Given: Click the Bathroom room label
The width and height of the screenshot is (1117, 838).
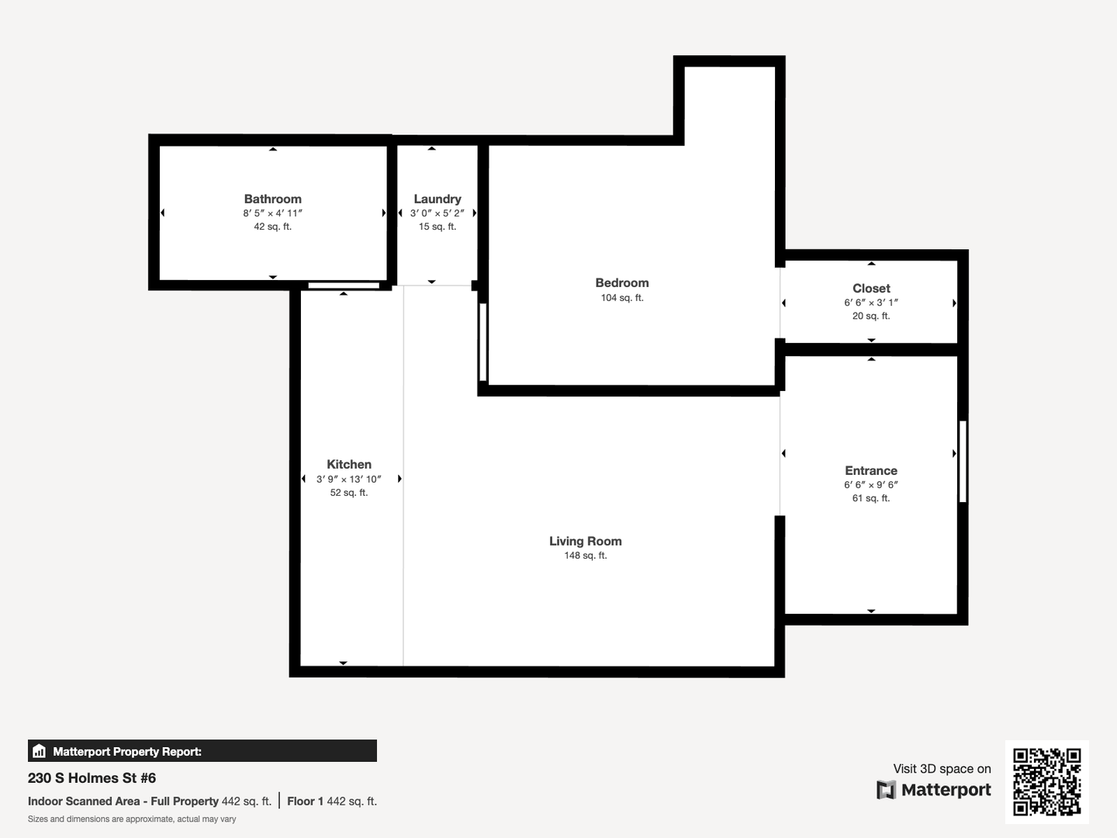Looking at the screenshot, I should tap(272, 199).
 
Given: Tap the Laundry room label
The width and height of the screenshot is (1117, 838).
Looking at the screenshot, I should tap(437, 199).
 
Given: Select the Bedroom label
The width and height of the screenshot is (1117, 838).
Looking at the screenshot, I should tap(621, 283).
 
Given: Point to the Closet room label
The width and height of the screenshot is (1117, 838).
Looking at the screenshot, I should tap(871, 289).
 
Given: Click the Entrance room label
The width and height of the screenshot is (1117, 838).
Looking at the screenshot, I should tap(870, 471).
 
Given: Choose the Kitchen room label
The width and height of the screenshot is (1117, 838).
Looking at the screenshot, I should tap(348, 465).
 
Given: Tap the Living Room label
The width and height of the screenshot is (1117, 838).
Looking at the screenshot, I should tap(585, 542).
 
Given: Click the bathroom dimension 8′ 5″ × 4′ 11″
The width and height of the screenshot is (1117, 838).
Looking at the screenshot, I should tap(272, 213).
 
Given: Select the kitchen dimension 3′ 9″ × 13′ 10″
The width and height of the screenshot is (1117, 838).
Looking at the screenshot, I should tap(348, 480).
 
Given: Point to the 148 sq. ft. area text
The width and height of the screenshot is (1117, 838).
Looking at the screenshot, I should tap(585, 556).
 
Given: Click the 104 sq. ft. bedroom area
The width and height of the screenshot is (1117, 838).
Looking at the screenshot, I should tap(621, 298).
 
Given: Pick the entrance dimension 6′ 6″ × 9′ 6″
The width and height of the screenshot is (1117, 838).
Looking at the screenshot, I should tap(870, 485).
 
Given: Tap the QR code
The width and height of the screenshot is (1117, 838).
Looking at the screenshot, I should tap(1046, 781).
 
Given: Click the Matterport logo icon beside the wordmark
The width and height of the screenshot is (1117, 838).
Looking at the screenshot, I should tap(885, 790).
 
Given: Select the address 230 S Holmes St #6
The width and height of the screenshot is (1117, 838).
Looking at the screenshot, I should tap(92, 778).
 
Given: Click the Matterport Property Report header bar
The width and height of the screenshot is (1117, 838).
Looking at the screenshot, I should tap(202, 751).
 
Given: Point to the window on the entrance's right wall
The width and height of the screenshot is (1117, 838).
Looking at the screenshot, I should tap(963, 461).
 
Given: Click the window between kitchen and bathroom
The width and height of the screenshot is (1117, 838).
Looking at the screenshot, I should tap(344, 286).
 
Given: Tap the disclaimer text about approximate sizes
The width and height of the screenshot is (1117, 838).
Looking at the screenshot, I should tap(132, 819).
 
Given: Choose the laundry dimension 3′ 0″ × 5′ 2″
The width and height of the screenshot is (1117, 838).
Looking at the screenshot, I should tap(437, 213).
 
